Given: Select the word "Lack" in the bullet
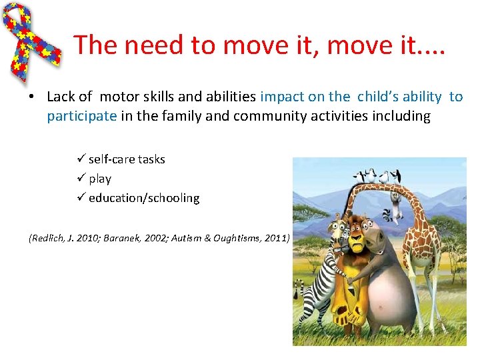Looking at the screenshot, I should coord(61,97).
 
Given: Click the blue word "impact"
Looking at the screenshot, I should coord(281,97).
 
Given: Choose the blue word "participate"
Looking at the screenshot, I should coord(82,116).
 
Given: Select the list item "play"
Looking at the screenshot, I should coord(100,179).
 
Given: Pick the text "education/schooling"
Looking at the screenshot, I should coord(144,198).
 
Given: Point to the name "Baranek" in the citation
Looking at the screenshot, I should coord(122,238).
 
